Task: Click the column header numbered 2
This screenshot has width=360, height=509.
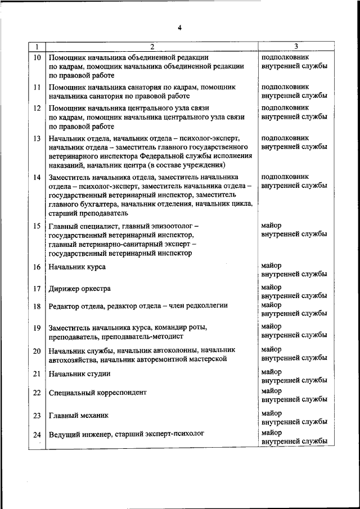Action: point(152,47)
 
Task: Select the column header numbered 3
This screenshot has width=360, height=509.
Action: point(296,47)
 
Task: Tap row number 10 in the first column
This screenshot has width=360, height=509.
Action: point(37,57)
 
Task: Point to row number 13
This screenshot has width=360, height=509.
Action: point(37,138)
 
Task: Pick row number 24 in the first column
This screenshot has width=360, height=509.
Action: point(37,435)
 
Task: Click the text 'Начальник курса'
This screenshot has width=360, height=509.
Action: point(77,267)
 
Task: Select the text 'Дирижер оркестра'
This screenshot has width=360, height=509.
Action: point(79,289)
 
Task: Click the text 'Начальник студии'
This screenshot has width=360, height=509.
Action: point(79,373)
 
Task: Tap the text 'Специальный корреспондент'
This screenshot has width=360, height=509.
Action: point(98,393)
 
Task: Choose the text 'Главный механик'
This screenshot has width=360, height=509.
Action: point(78,416)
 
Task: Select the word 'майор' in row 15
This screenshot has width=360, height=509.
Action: point(272,224)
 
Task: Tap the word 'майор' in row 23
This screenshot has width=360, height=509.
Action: point(272,413)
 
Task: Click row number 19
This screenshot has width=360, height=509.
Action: point(37,328)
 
